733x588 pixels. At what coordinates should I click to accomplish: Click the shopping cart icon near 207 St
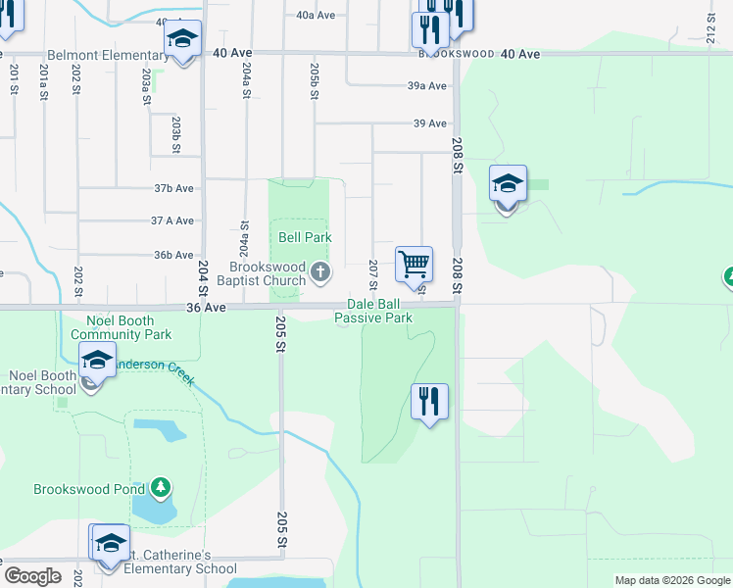pyautogui.click(x=415, y=264)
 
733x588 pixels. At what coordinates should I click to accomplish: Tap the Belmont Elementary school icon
pyautogui.click(x=182, y=39)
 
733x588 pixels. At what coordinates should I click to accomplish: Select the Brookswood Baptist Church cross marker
pyautogui.click(x=319, y=271)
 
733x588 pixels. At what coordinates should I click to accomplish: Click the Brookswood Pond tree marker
pyautogui.click(x=163, y=488)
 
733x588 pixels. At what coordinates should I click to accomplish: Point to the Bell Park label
pyautogui.click(x=305, y=237)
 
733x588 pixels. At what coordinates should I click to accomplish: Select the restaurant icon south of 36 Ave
pyautogui.click(x=429, y=400)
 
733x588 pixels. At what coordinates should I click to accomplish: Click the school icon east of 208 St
pyautogui.click(x=508, y=184)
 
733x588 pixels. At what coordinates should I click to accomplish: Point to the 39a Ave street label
pyautogui.click(x=427, y=86)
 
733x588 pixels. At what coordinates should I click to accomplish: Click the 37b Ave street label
pyautogui.click(x=173, y=188)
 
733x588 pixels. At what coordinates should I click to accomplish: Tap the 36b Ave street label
pyautogui.click(x=173, y=255)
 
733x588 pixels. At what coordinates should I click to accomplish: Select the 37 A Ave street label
pyautogui.click(x=172, y=221)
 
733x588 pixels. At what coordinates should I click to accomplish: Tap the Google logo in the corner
pyautogui.click(x=32, y=576)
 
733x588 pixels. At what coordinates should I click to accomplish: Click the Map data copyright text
pyautogui.click(x=672, y=580)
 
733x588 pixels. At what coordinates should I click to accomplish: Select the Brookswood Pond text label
pyautogui.click(x=89, y=488)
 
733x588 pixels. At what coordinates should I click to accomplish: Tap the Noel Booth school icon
pyautogui.click(x=97, y=361)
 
